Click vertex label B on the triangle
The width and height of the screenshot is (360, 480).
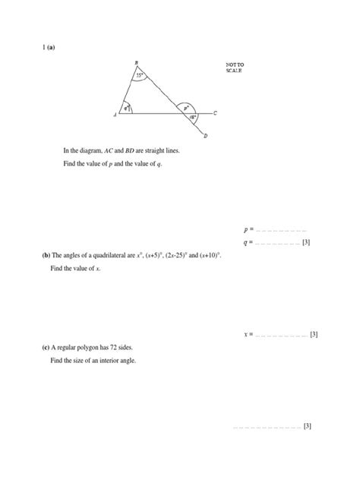[x=137, y=63]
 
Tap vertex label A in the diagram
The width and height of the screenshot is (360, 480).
[x=115, y=115]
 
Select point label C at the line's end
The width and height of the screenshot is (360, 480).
[x=215, y=113]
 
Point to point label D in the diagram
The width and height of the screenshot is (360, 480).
[x=206, y=137]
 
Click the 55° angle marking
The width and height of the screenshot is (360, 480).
[x=141, y=76]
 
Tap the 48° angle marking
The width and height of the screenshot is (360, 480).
[x=193, y=118]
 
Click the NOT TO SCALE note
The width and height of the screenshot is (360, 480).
[x=235, y=68]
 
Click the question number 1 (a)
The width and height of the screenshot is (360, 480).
[x=49, y=48]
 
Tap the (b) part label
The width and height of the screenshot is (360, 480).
[x=46, y=256]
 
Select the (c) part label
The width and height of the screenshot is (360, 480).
[x=46, y=347]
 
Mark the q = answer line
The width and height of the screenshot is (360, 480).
[x=278, y=243]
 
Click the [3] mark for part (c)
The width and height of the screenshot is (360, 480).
[x=308, y=426]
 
